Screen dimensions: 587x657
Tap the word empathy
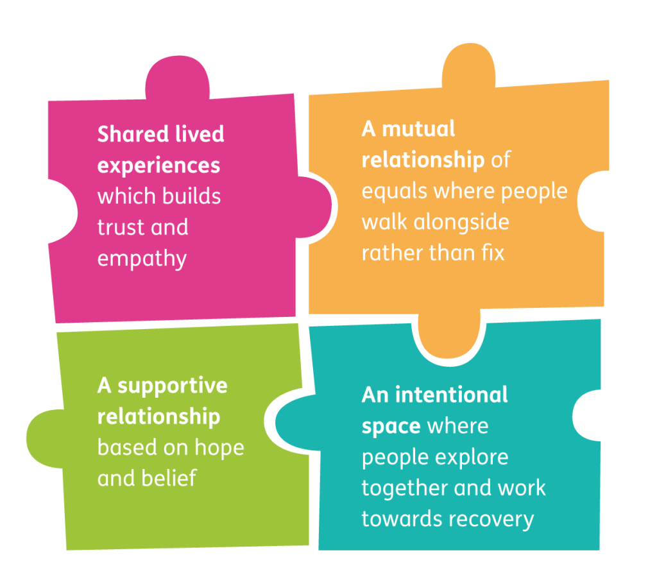pyautogui.click(x=142, y=259)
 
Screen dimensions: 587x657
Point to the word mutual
pyautogui.click(x=418, y=129)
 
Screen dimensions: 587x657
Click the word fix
pyautogui.click(x=491, y=252)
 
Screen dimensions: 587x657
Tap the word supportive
pyautogui.click(x=172, y=386)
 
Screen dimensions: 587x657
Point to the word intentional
pyautogui.click(x=451, y=395)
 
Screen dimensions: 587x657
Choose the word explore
pyautogui.click(x=472, y=457)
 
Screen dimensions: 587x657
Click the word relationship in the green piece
pyautogui.click(x=158, y=416)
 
